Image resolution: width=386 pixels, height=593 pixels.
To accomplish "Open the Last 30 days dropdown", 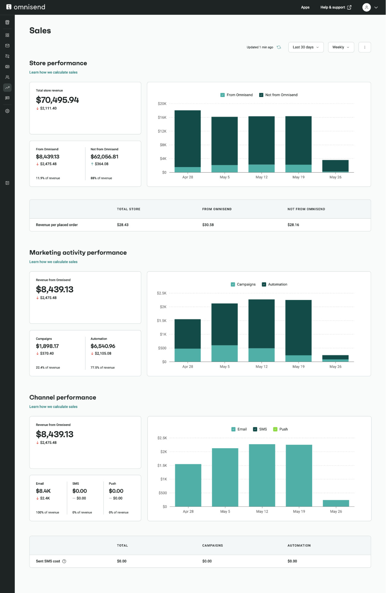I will coord(306,47).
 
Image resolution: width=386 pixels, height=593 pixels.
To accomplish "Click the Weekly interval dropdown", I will coord(341,47).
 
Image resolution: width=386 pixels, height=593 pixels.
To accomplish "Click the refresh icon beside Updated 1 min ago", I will coord(279,47).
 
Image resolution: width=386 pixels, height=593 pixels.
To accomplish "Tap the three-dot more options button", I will coord(364,47).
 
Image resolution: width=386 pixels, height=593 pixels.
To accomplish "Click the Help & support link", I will coord(336,7).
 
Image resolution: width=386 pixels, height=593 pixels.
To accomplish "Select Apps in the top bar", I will coord(305,7).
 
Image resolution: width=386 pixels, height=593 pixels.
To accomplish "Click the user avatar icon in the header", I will coord(366,7).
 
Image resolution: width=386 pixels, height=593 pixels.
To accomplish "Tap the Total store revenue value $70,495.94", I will coord(57,100).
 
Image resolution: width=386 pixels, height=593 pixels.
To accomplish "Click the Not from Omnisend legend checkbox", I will coord(261,95).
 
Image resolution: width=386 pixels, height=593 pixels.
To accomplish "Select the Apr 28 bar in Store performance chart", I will coord(188,139).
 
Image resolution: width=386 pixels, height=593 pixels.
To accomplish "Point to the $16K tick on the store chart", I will coord(162,117).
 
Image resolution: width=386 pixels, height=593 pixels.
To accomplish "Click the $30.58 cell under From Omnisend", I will coord(208,225).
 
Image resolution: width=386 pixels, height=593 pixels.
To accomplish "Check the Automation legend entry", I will coord(264,284).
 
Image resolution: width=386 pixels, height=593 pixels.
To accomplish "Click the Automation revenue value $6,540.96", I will coord(103,346).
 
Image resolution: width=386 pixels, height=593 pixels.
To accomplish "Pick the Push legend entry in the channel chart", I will coord(275,429).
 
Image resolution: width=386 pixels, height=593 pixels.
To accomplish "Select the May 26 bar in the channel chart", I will coord(336,503).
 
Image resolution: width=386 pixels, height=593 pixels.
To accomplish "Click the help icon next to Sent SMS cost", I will coord(64,561).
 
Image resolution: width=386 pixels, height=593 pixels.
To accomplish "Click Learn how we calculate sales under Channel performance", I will coord(53,407).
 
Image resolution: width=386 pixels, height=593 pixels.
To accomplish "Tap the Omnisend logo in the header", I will coord(26,7).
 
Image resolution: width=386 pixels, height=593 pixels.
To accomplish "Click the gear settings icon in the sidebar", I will coord(7,111).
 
